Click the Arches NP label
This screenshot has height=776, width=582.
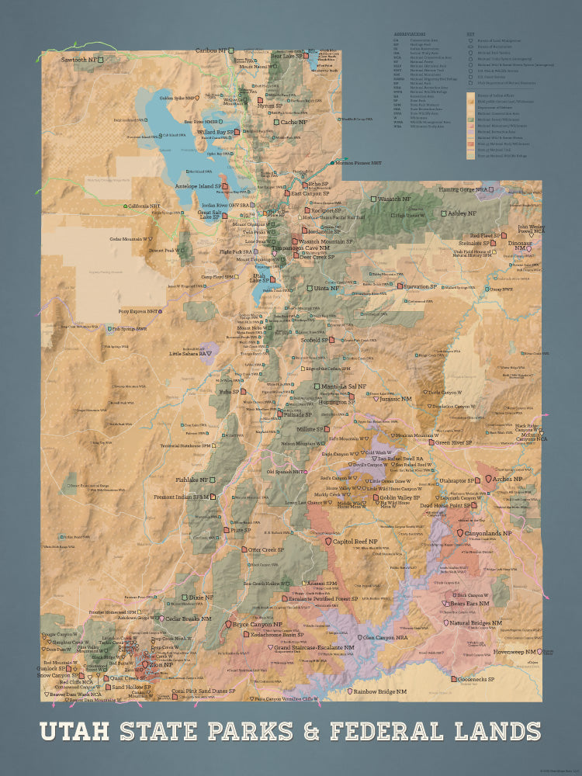tap(508, 480)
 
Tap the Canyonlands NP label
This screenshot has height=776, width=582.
tap(488, 533)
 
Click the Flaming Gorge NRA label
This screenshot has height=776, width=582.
tap(466, 189)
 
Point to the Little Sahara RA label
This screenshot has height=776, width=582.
tap(186, 353)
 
